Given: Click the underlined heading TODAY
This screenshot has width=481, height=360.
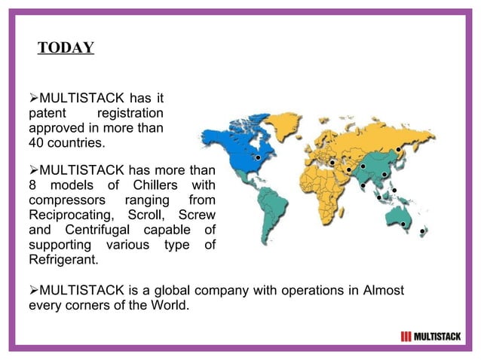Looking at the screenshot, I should click(66, 48).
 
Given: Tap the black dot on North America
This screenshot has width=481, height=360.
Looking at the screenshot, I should click(258, 158).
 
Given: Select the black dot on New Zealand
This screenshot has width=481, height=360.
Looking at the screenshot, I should click(422, 231).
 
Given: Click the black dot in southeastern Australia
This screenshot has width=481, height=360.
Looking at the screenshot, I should click(403, 224).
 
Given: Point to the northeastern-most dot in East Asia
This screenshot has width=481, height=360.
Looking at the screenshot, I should click(398, 149).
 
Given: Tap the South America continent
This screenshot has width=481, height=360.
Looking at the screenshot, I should click(268, 207).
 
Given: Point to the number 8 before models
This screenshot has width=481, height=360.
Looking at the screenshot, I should click(32, 185).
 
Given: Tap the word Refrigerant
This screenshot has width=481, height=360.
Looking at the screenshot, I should click(63, 259).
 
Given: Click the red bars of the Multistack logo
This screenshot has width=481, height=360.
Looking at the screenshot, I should click(406, 336).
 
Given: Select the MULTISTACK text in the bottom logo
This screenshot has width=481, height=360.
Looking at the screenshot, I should click(437, 336).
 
